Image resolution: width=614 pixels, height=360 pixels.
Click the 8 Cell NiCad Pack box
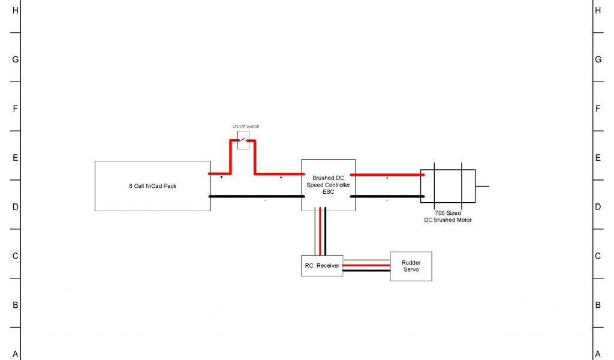pyautogui.click(x=152, y=186)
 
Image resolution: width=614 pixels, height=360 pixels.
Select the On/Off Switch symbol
pyautogui.click(x=243, y=143)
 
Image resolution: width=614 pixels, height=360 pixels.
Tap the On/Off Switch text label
pyautogui.click(x=246, y=127)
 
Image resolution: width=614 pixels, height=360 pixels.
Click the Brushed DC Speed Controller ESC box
pyautogui.click(x=328, y=185)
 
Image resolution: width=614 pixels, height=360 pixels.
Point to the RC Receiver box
pyautogui.click(x=321, y=265)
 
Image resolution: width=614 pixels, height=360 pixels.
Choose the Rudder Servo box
pyautogui.click(x=411, y=266)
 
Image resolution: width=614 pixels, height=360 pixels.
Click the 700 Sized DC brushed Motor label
pyautogui.click(x=447, y=217)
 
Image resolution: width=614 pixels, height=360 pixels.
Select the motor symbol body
pyautogui.click(x=447, y=185)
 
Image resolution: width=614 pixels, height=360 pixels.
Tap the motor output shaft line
pyautogui.click(x=482, y=186)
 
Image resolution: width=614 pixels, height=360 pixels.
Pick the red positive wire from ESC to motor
pyautogui.click(x=387, y=175)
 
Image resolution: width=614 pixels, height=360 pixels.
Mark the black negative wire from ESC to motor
pyautogui.click(x=387, y=196)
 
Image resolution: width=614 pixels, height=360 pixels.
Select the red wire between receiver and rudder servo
pyautogui.click(x=366, y=265)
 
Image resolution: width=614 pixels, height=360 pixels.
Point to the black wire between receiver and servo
pyautogui.click(x=366, y=271)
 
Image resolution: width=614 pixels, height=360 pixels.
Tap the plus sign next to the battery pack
pyautogui.click(x=221, y=178)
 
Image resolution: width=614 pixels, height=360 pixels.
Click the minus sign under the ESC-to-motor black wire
pyautogui.click(x=387, y=200)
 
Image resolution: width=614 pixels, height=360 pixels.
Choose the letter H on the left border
pyautogui.click(x=16, y=10)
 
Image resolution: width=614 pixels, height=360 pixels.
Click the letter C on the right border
pyautogui.click(x=597, y=256)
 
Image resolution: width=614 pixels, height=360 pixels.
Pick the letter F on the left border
pyautogui.click(x=16, y=109)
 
